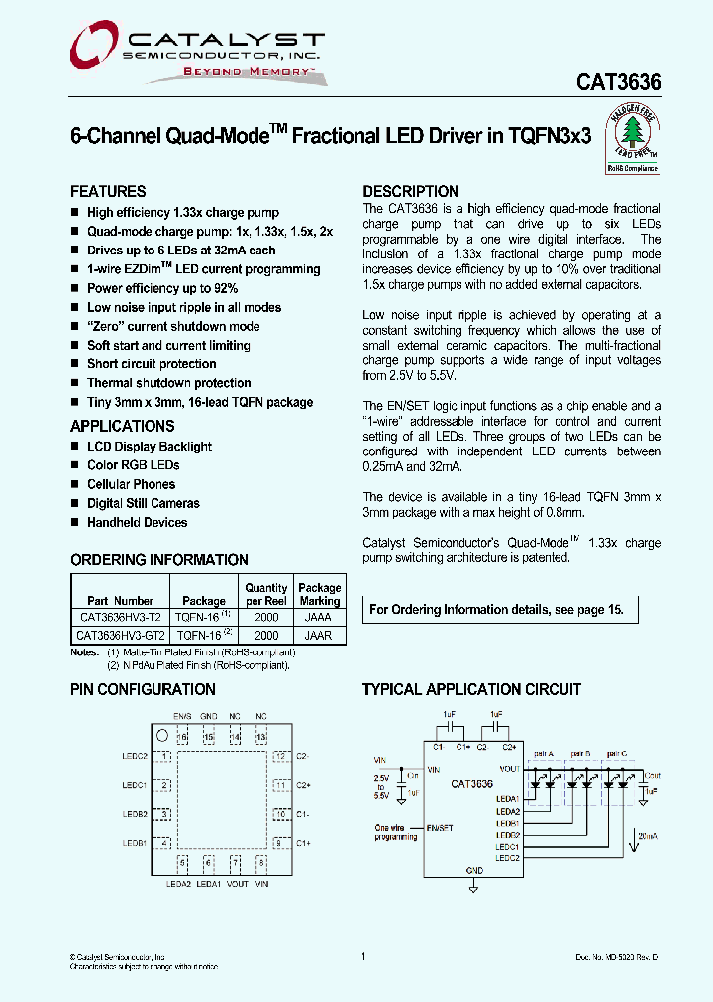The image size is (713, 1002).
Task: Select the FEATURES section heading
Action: pyautogui.click(x=108, y=191)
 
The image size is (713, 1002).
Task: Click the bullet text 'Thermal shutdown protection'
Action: pyautogui.click(x=168, y=383)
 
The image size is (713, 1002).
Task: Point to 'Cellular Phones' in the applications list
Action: pyautogui.click(x=131, y=484)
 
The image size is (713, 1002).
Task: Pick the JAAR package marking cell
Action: pyautogui.click(x=319, y=635)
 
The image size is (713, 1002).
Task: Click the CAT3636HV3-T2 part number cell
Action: pyautogui.click(x=119, y=616)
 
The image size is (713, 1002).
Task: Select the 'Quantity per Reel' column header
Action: pyautogui.click(x=266, y=594)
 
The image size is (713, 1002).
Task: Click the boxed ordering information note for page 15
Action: pyautogui.click(x=497, y=609)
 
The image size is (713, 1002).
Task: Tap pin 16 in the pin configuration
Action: pyautogui.click(x=182, y=738)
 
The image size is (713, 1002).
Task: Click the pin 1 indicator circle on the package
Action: pyautogui.click(x=161, y=735)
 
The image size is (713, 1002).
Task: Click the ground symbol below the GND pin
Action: pyautogui.click(x=473, y=888)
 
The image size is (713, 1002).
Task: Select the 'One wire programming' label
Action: pyautogui.click(x=396, y=832)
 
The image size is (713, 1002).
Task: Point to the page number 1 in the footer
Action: pyautogui.click(x=363, y=956)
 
